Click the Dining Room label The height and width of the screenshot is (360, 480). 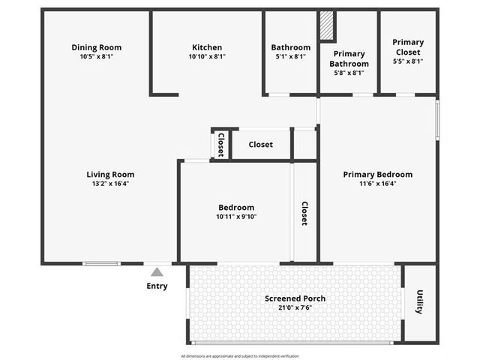[97, 47]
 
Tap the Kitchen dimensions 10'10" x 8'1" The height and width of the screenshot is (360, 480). [207, 57]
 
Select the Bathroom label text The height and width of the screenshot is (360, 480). [291, 47]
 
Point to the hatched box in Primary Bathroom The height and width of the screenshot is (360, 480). [327, 25]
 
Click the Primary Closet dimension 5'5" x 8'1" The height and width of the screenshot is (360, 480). [408, 61]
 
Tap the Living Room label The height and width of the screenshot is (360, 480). [110, 175]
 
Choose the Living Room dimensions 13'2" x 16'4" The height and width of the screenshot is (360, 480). [110, 184]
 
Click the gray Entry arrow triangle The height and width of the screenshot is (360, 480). [157, 271]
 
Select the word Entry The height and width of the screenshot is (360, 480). [157, 286]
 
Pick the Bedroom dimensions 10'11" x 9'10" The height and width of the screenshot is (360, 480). [236, 217]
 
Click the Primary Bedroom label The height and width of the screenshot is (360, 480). [378, 175]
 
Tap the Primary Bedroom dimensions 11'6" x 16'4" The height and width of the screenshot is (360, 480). [378, 184]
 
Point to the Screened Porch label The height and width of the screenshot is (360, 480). [295, 298]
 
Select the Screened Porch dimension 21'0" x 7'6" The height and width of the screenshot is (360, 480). [295, 307]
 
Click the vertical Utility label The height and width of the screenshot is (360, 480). [420, 301]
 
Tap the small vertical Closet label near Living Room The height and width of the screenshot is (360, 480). [221, 145]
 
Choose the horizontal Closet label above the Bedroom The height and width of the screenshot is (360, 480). [260, 145]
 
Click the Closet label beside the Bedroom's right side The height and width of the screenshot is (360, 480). [304, 213]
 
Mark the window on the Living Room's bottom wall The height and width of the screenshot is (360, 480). [102, 263]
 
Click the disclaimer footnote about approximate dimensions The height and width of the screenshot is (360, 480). [240, 356]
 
